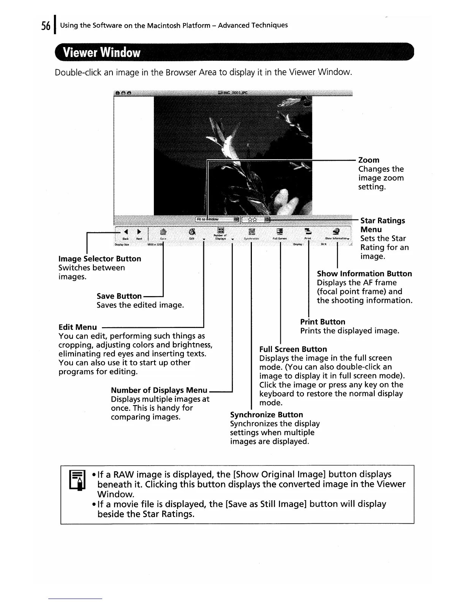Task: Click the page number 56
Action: coord(45,26)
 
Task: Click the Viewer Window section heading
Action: coord(102,53)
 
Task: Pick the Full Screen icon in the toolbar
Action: coord(280,231)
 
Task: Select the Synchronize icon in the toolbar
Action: coord(251,231)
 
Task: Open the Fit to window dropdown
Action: coord(217,219)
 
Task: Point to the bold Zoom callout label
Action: coord(369,160)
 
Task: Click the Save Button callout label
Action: coord(119,296)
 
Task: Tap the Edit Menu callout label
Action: coord(77,327)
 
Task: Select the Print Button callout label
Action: coord(323,322)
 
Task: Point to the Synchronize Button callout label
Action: coord(266,415)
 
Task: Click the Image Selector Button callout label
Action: coord(100,259)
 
